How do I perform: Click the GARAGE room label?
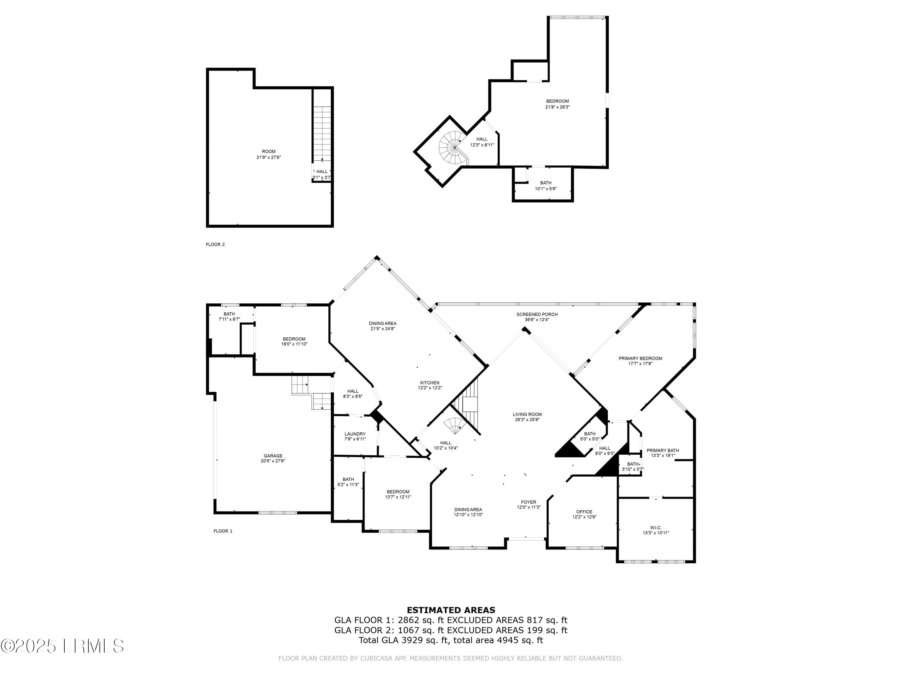coord(273,456)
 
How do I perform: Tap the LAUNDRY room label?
coord(355,434)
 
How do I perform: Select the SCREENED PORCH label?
coord(537,314)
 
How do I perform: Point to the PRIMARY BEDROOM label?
coord(640,358)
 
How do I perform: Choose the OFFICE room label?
coord(584,512)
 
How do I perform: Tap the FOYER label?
coord(529,502)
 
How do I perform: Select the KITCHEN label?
coord(430,383)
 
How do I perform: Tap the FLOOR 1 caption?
coord(223,531)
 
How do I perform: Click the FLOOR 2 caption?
coord(215,244)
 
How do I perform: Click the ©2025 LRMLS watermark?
coord(62,646)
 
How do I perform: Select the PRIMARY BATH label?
coord(662,450)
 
